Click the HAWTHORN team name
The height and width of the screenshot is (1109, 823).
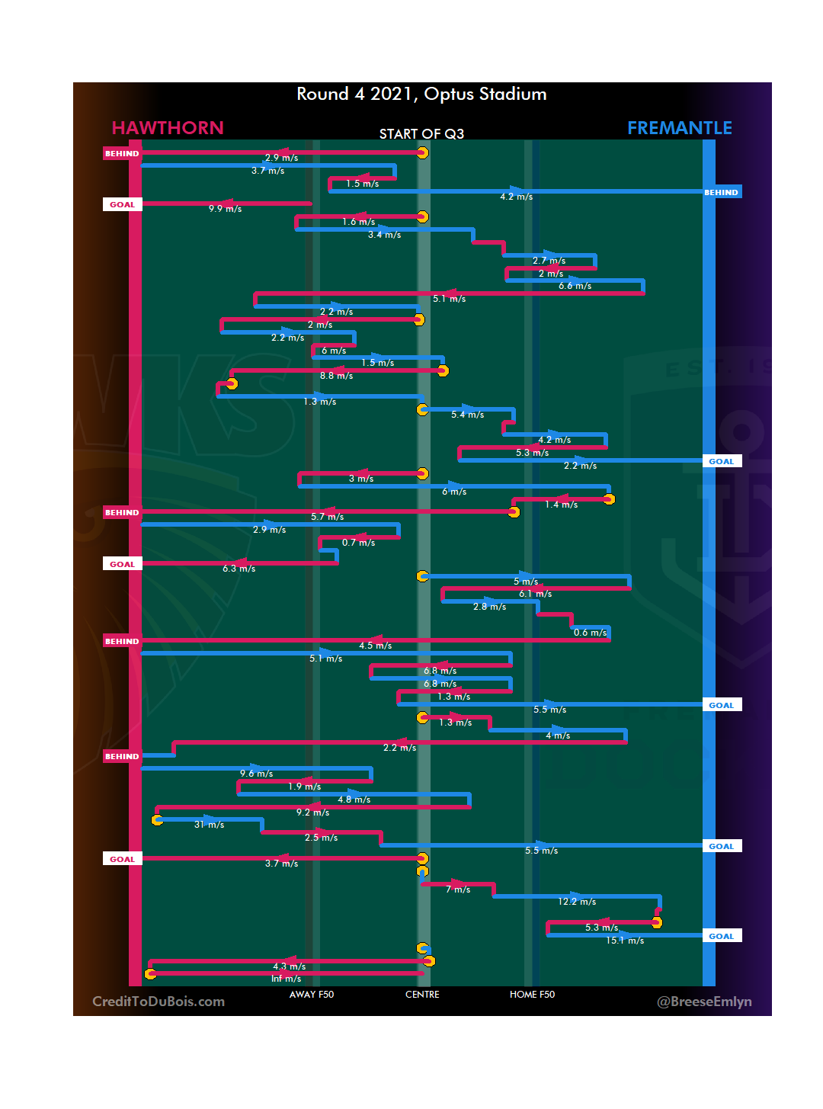coord(168,128)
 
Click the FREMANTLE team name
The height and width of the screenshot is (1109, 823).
coord(679,128)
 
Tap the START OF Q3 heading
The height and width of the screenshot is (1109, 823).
coord(421,134)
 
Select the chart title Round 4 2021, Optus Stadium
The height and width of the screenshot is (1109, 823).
coord(421,95)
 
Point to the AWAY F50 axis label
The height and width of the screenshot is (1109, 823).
coord(311,995)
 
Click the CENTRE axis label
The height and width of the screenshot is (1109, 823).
coord(422,995)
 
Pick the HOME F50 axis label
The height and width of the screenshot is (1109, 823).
coord(532,995)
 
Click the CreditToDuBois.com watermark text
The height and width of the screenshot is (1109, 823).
coord(159,1002)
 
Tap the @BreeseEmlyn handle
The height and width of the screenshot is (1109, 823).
coord(704,1002)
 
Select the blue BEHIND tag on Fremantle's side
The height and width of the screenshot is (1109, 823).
coord(721,193)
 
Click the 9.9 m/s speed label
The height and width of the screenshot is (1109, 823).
coord(225,209)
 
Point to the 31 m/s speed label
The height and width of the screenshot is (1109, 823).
coord(209,825)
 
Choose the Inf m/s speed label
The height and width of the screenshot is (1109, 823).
coord(286,979)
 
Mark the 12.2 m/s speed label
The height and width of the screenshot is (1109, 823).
coord(577,902)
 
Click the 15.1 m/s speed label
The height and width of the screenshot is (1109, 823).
coord(625,941)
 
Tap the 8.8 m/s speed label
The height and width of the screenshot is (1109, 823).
coord(336,376)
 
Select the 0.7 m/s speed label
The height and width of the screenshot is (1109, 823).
coord(358,543)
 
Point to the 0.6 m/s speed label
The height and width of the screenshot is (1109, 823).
coord(590,633)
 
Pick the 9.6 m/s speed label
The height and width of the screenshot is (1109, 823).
coord(256,774)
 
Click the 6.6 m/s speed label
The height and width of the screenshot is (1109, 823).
coord(575,286)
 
